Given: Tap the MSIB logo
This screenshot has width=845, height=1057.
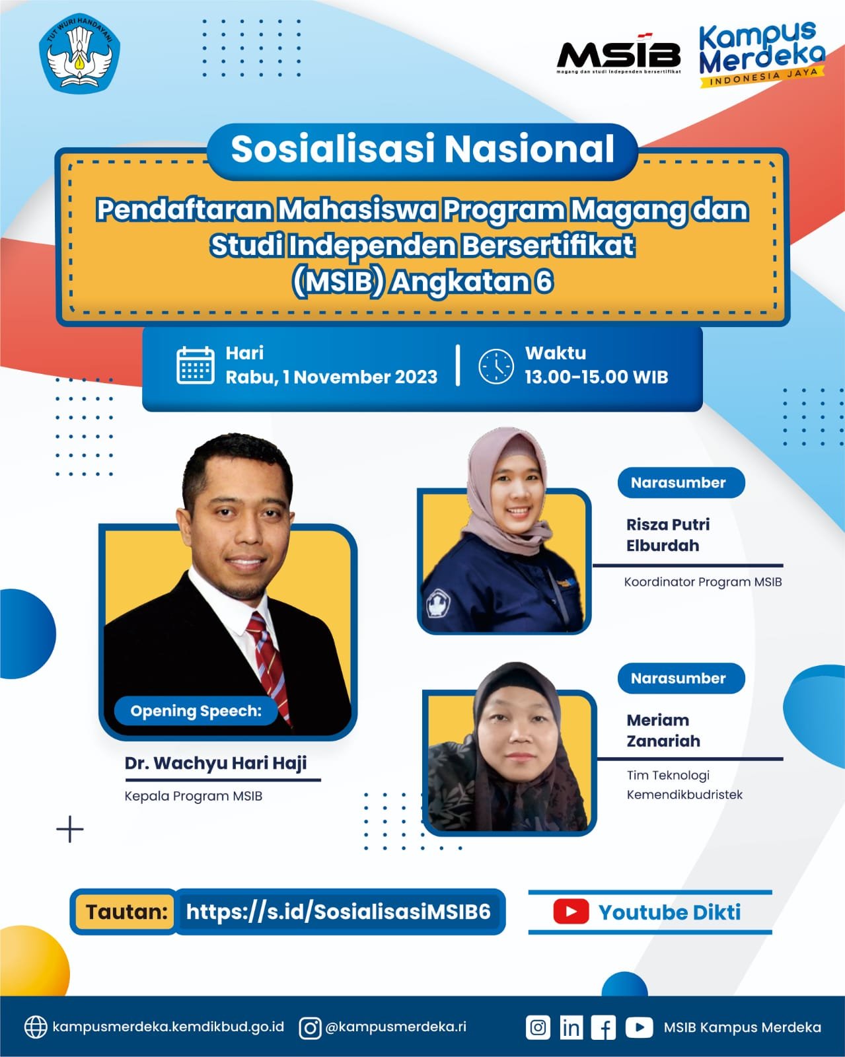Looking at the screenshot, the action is pyautogui.click(x=618, y=54).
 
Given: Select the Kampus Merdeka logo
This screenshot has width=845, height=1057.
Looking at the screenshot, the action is pyautogui.click(x=762, y=54).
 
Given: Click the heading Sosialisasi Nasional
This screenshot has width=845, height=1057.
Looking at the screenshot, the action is pyautogui.click(x=423, y=149).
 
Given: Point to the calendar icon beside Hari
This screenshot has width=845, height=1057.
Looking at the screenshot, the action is pyautogui.click(x=196, y=365).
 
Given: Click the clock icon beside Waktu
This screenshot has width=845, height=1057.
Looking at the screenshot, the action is pyautogui.click(x=496, y=367).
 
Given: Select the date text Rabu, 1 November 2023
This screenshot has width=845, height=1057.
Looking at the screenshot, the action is pyautogui.click(x=332, y=377).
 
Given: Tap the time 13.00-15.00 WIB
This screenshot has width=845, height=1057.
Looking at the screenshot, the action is pyautogui.click(x=597, y=377).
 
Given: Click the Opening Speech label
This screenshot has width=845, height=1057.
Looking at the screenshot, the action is pyautogui.click(x=196, y=711).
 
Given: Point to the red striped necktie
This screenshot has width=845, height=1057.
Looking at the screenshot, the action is pyautogui.click(x=269, y=667).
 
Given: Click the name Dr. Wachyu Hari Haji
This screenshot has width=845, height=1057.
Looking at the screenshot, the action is pyautogui.click(x=215, y=763).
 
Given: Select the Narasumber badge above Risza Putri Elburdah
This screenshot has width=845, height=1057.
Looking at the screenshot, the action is pyautogui.click(x=681, y=482).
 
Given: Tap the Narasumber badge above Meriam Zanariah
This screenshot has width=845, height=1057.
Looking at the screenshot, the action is pyautogui.click(x=681, y=678).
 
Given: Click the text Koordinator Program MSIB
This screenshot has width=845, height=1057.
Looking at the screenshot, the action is pyautogui.click(x=702, y=582).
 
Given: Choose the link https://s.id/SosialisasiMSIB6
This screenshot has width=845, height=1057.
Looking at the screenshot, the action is pyautogui.click(x=338, y=912).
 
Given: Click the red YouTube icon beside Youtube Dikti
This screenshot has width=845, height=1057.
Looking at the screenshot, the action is pyautogui.click(x=571, y=912).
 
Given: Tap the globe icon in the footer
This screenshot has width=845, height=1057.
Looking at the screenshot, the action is pyautogui.click(x=36, y=1027).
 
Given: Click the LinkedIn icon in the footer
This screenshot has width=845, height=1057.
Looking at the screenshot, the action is pyautogui.click(x=571, y=1027).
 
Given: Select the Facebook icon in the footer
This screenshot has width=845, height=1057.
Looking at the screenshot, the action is pyautogui.click(x=603, y=1027).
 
